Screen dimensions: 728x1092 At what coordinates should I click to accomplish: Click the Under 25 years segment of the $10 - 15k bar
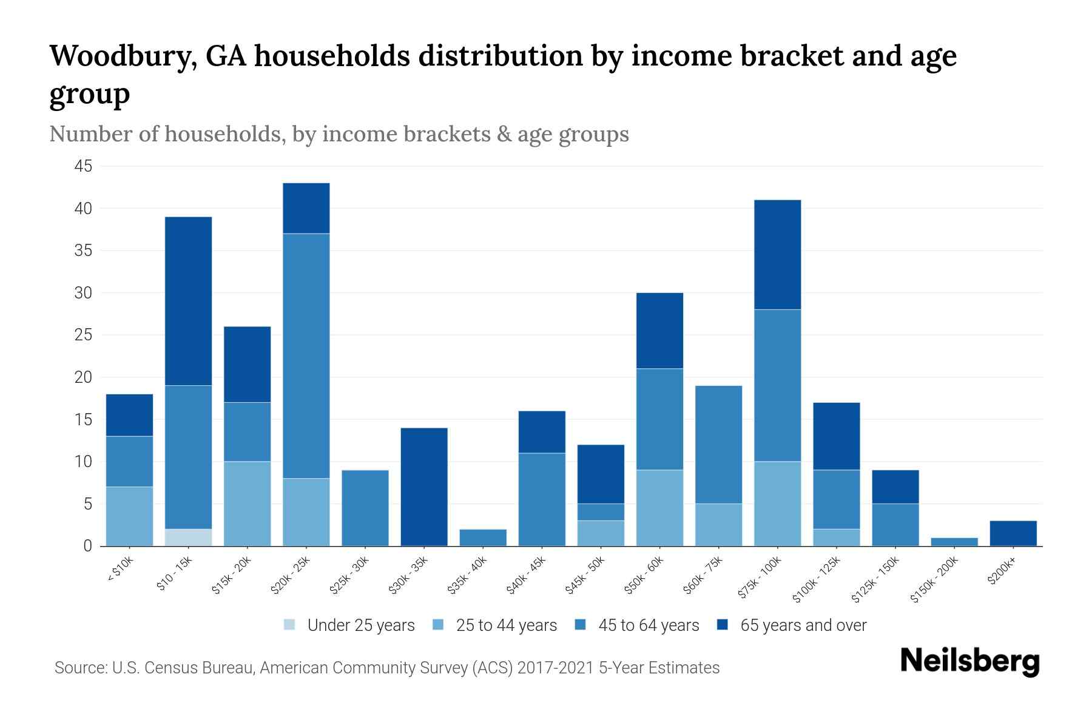pos(188,538)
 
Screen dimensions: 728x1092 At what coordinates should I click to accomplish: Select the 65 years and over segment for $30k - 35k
pos(424,487)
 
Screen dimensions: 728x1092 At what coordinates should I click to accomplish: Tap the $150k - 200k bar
pos(954,542)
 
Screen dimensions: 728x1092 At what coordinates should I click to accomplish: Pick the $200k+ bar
pos(1013,533)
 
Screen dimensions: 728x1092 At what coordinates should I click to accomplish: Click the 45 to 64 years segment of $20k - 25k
pos(306,356)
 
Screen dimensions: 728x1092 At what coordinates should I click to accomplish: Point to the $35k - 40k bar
pos(483,538)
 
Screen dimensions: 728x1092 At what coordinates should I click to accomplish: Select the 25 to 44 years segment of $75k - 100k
pos(777,504)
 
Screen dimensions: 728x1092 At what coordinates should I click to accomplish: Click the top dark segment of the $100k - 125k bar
pos(836,436)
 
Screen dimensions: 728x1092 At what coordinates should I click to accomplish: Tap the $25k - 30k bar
pos(365,508)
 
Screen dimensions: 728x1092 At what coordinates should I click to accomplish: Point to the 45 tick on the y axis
pos(84,166)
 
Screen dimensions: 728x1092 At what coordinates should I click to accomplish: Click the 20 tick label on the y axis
pos(84,377)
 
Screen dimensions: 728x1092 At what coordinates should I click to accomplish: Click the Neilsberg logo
pos(969,661)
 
